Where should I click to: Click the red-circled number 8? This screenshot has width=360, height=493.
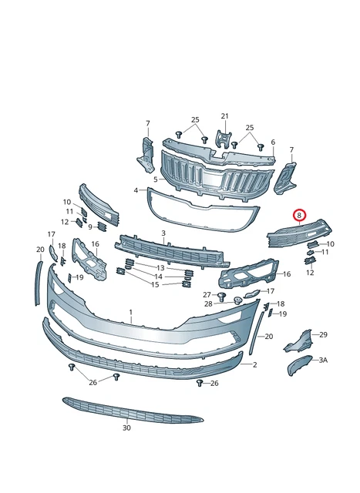point(299,216)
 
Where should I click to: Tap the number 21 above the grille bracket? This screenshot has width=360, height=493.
point(224,116)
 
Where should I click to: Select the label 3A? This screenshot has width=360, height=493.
point(323,360)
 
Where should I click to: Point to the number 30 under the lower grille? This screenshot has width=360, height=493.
point(126,428)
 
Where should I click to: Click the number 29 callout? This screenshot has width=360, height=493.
point(324,334)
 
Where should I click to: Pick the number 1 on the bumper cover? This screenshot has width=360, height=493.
point(131,313)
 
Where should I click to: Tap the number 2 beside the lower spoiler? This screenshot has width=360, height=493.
point(255,364)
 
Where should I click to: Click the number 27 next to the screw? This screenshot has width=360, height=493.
point(207,294)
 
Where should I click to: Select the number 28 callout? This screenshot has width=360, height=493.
point(208,304)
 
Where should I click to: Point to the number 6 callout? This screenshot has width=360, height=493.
point(273,142)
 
